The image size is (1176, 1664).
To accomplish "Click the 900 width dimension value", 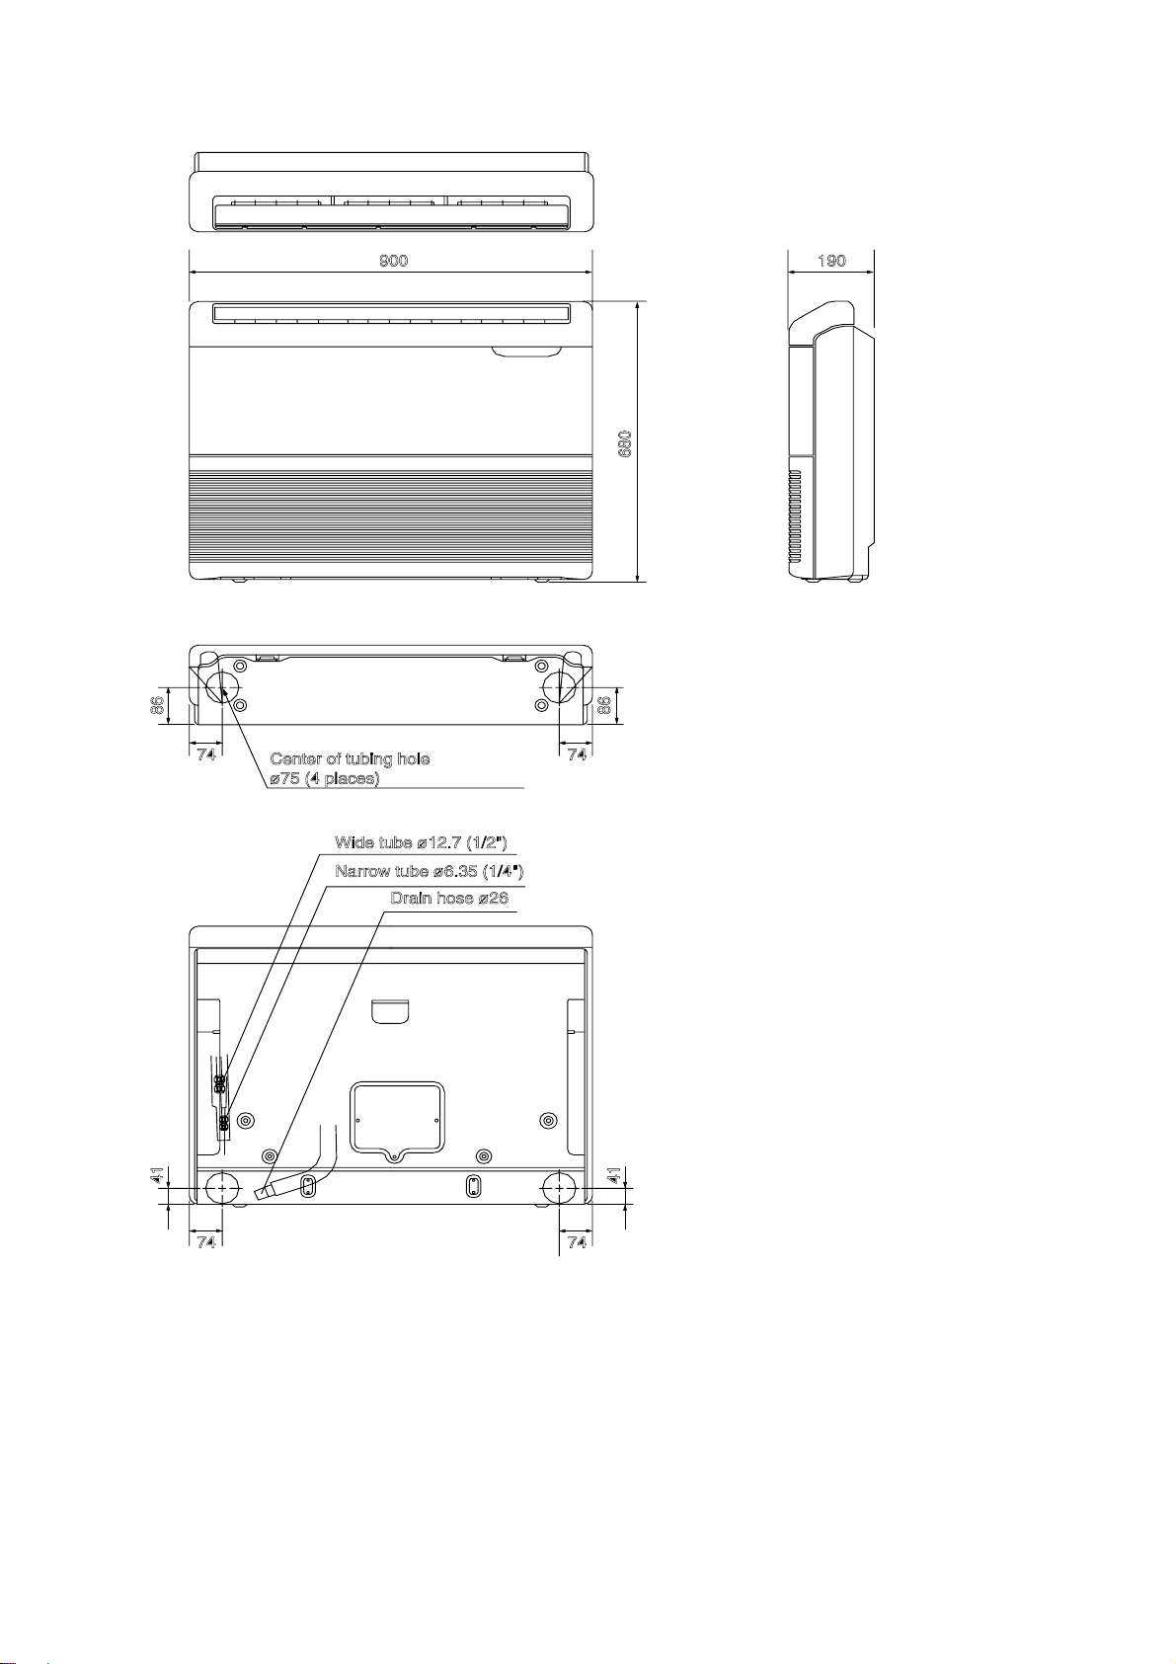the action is [393, 261].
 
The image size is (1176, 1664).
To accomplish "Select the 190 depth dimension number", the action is [831, 261].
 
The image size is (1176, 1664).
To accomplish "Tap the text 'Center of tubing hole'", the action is [350, 759].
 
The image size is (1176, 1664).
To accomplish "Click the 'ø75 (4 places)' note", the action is [325, 779].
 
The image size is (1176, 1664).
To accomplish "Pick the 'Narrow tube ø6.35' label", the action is [430, 871].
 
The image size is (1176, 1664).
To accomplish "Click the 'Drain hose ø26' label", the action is [449, 898].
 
